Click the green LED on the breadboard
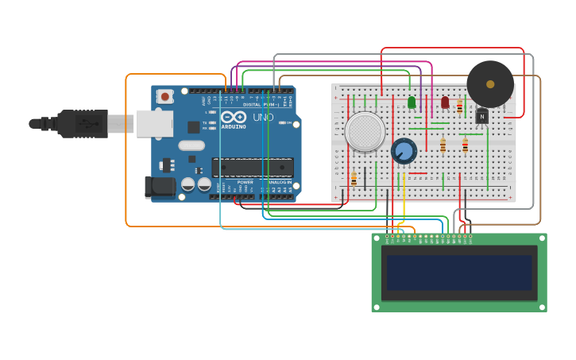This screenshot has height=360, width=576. click(412, 103)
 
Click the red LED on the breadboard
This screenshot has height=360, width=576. click(445, 103)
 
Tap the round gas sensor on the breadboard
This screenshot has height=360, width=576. click(365, 132)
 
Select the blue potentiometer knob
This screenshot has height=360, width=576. click(404, 151)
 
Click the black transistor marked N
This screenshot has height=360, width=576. click(481, 117)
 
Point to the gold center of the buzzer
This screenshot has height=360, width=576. click(490, 83)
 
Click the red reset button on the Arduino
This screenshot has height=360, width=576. click(165, 96)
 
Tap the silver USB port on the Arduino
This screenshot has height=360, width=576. click(154, 123)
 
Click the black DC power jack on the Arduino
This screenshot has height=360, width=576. click(159, 188)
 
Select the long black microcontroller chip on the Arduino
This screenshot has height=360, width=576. click(253, 167)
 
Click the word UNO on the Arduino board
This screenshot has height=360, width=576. click(263, 118)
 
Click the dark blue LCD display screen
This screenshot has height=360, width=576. click(459, 273)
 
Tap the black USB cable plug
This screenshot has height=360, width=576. click(83, 123)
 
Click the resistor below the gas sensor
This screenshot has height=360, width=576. click(354, 178)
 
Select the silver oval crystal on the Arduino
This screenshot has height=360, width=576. click(191, 145)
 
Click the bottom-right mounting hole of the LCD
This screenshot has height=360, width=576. click(542, 307)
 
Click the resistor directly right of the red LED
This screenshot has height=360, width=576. click(459, 106)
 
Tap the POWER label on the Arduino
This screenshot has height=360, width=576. click(246, 181)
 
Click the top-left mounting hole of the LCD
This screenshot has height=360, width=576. click(377, 238)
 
